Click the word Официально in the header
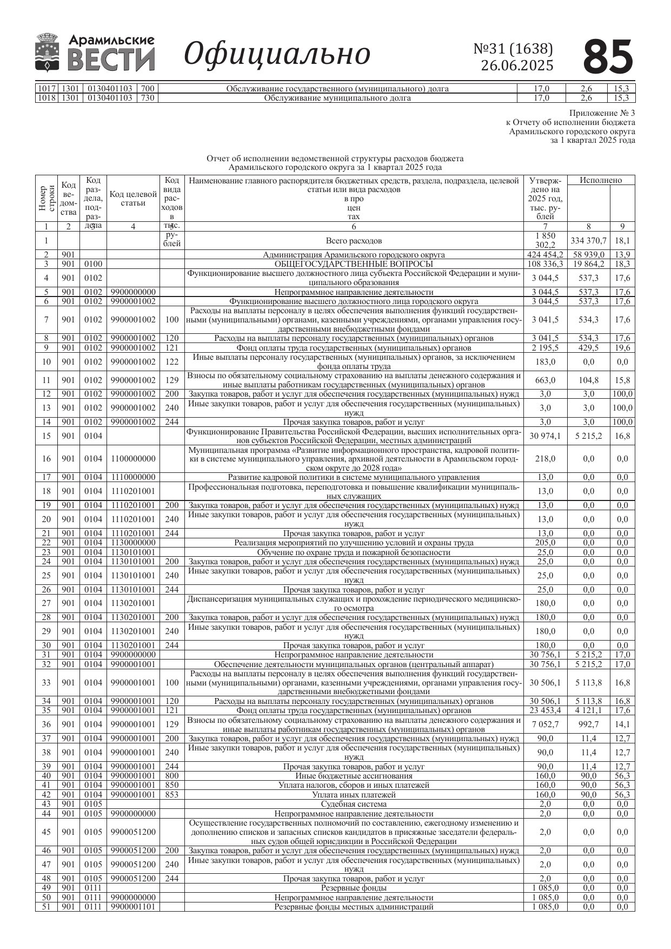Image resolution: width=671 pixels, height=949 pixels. [x=277, y=54]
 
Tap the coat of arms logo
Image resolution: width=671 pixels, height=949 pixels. [x=48, y=52]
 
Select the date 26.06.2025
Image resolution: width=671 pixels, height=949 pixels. [x=517, y=65]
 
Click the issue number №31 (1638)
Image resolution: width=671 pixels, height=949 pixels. [x=513, y=49]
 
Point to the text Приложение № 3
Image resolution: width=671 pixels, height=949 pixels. [x=602, y=113]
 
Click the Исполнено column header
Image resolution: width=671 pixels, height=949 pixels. [x=601, y=180]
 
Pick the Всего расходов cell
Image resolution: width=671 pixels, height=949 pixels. [x=354, y=241]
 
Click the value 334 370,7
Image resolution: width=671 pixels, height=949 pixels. [x=588, y=241]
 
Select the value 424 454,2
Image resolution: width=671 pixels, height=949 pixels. [x=545, y=255]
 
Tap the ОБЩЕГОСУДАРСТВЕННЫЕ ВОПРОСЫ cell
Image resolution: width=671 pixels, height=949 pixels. [x=354, y=264]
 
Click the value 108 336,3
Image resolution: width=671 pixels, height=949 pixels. [x=545, y=264]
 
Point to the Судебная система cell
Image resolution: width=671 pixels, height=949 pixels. [x=354, y=804]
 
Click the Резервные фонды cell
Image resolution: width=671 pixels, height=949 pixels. [x=354, y=888]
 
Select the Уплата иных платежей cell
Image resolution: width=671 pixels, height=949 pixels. [x=354, y=795]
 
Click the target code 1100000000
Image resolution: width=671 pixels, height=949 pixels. [x=133, y=459]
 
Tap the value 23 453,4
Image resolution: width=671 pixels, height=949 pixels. [x=545, y=710]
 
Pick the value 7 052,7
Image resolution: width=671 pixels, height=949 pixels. [x=545, y=724]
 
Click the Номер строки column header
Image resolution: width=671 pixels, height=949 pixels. [x=46, y=199]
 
